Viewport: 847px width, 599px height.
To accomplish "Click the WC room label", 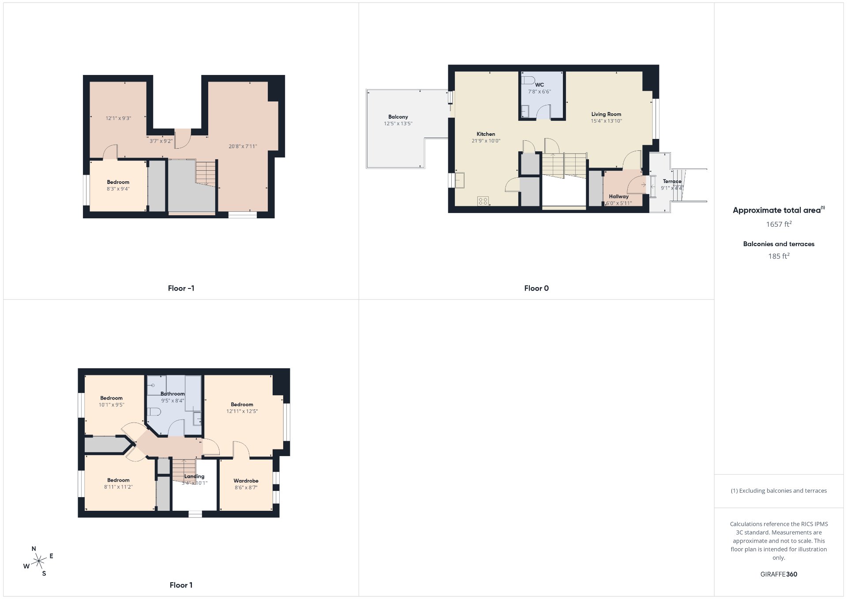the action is tap(540, 85).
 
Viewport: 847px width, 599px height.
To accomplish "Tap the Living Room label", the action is tap(606, 114).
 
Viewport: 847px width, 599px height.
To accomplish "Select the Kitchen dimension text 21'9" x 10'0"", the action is tap(486, 141).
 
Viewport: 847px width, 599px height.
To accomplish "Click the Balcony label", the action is tap(398, 117).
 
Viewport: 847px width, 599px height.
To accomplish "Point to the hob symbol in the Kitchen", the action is tap(483, 201).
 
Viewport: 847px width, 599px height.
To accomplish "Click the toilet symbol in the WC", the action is tap(528, 80).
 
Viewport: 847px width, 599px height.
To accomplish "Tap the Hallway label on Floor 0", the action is tap(618, 197).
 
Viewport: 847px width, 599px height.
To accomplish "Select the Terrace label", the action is tap(672, 181).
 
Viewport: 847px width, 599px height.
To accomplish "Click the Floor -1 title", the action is tap(181, 288).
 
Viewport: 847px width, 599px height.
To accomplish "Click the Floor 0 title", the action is tap(536, 288).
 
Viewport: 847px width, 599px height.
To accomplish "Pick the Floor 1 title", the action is tap(181, 585).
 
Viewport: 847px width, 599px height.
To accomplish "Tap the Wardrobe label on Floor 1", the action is tap(246, 481).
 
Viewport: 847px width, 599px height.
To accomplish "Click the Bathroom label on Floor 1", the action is tap(172, 394).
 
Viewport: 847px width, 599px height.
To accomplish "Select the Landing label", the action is tap(194, 476).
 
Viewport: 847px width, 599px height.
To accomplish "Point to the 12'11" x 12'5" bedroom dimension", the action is tap(242, 412).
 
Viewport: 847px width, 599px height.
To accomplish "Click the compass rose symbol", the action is tap(39, 561).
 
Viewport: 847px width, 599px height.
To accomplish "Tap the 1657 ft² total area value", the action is tap(779, 224).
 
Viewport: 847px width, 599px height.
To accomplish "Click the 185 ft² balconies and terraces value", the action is tap(779, 256).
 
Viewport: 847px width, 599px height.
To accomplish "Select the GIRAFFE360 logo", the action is tap(779, 574).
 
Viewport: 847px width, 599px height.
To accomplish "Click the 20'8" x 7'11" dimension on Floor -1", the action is tap(243, 146).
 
